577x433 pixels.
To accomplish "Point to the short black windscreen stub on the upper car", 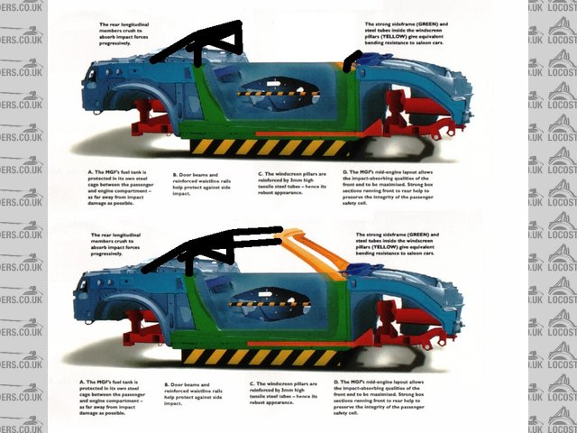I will pyautogui.click(x=353, y=59).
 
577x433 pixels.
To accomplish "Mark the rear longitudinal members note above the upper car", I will pyautogui.click(x=125, y=32).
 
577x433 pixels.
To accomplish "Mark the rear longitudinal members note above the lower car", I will pyautogui.click(x=123, y=243).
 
